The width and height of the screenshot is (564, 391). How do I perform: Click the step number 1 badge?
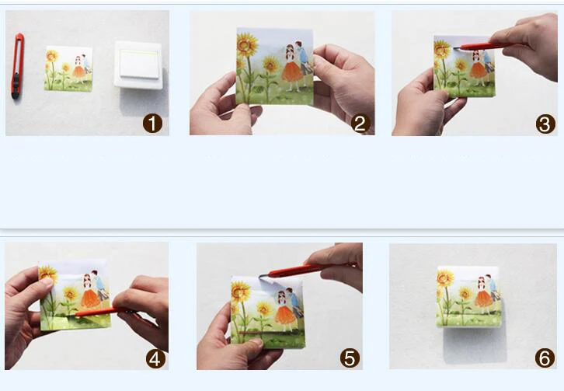pyautogui.click(x=152, y=124)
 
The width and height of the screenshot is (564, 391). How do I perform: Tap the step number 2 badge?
pyautogui.click(x=360, y=124)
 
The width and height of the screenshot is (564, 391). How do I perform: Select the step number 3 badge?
pyautogui.click(x=545, y=124)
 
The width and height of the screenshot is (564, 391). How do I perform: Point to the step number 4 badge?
pyautogui.click(x=155, y=359)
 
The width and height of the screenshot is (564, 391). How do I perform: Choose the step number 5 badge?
pyautogui.click(x=350, y=358)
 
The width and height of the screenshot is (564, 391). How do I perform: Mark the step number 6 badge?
pyautogui.click(x=545, y=358)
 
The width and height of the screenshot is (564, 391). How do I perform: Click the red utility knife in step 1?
pyautogui.click(x=18, y=66)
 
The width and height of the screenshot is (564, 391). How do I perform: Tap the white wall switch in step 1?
pyautogui.click(x=138, y=65)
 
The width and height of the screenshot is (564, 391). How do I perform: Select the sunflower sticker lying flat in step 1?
pyautogui.click(x=68, y=68)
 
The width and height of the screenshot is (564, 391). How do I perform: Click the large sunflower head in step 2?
pyautogui.click(x=247, y=45)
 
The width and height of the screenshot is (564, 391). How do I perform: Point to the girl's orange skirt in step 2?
pyautogui.click(x=292, y=72)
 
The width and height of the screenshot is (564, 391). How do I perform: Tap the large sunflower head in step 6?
pyautogui.click(x=445, y=278)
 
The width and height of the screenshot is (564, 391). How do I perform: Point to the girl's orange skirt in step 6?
pyautogui.click(x=483, y=298)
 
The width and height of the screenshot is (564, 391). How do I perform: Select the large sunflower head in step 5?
pyautogui.click(x=240, y=292)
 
